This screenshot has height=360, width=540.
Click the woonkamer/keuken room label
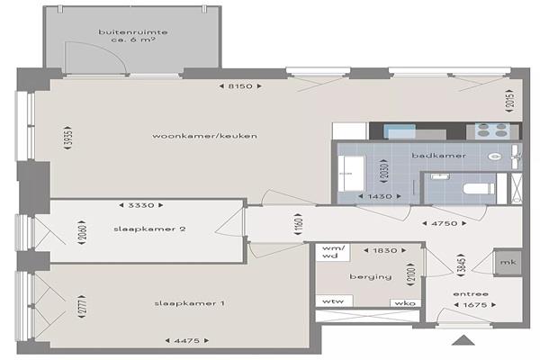(204, 136)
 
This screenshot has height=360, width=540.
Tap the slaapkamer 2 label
(149, 229)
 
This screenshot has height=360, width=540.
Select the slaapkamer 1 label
(189, 303)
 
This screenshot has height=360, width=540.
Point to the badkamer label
(439, 156)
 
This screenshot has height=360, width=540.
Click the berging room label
(371, 276)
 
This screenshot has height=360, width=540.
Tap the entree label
(471, 294)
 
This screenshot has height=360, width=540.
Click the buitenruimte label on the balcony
(133, 32)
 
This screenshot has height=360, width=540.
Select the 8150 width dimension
(240, 86)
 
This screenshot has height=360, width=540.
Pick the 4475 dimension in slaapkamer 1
(187, 341)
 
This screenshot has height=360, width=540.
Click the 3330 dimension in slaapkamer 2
(141, 205)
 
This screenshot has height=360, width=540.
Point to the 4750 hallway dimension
(445, 223)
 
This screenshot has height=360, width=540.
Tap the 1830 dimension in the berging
(385, 250)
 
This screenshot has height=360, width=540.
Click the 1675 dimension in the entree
(475, 305)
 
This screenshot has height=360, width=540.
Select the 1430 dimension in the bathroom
(380, 196)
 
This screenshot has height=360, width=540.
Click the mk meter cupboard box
(508, 262)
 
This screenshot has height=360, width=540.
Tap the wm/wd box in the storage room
(333, 252)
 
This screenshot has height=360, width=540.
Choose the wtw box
(334, 301)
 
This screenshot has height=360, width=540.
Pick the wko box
(405, 302)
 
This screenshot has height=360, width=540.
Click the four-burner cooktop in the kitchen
(492, 130)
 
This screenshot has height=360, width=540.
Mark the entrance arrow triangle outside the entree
(463, 340)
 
